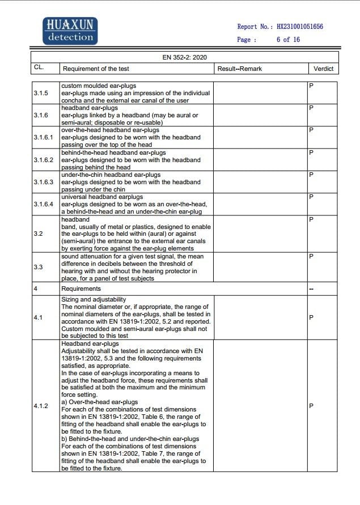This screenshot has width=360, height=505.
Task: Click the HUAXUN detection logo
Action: coord(70,31)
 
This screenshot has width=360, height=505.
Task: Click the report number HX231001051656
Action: coord(300,27)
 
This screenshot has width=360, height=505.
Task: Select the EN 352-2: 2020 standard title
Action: coord(185,57)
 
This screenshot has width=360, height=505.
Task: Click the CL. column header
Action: coord(39,68)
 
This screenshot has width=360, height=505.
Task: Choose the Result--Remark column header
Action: coord(240,69)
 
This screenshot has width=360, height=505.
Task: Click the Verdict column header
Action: coord(324,69)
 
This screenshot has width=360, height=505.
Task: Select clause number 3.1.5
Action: coord(40,93)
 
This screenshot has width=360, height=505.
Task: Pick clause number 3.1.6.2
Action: coord(43,160)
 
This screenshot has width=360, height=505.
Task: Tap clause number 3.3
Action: coord(37,266)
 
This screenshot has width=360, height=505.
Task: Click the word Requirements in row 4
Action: coord(81,288)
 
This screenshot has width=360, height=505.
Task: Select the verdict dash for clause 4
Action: coord(311,288)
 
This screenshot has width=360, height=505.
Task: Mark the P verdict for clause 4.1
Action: coord(311,317)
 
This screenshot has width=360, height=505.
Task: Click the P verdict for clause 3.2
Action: coord(311,219)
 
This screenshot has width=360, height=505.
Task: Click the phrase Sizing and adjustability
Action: coord(94,299)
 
